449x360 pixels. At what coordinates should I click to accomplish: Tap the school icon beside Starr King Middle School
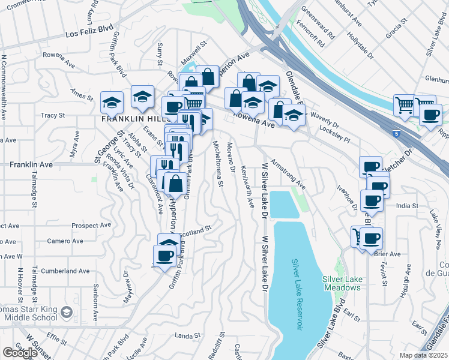click(x=67, y=313)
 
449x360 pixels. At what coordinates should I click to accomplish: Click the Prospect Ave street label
click(x=91, y=226)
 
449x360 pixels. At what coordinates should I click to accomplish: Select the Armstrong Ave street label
click(x=288, y=174)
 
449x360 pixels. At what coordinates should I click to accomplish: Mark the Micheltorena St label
click(x=218, y=163)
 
